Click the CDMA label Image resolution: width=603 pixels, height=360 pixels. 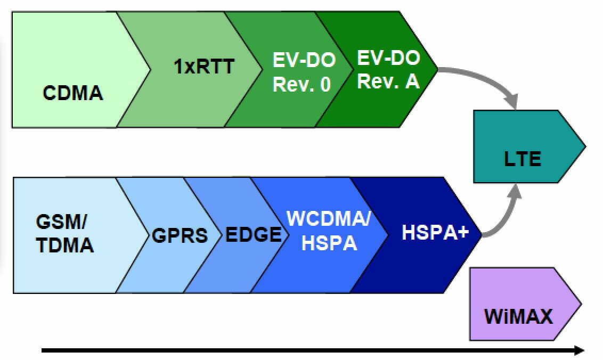73,93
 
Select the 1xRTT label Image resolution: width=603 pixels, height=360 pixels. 203,67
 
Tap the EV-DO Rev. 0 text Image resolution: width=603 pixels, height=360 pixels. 304,72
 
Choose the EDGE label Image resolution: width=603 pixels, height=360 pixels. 254,234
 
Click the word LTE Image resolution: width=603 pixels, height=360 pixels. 522,159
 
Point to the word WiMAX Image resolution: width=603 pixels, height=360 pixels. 518,316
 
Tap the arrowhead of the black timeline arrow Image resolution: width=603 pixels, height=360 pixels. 580,350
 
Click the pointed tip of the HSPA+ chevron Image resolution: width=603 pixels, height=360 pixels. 480,235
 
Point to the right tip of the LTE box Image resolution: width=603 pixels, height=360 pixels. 585,146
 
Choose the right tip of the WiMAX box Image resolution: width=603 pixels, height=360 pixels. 581,304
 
